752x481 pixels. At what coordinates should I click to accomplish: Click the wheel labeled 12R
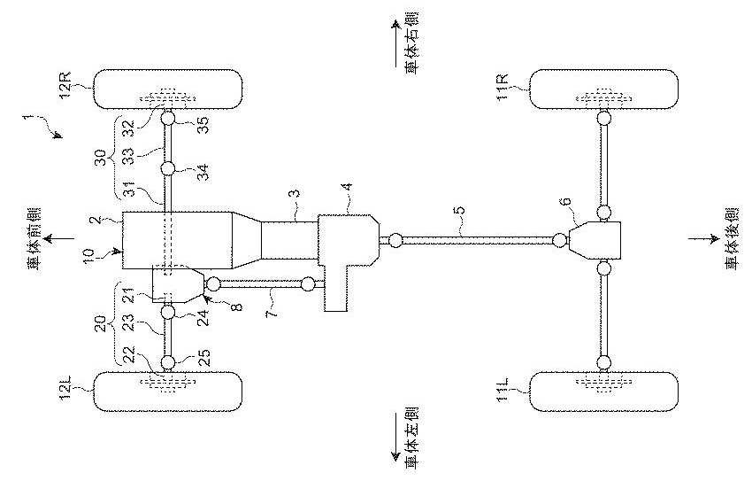pyautogui.click(x=168, y=89)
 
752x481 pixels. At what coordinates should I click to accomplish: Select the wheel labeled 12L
pyautogui.click(x=168, y=392)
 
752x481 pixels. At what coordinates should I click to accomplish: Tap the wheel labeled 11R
pyautogui.click(x=603, y=89)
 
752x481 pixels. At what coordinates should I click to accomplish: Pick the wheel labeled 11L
pyautogui.click(x=603, y=392)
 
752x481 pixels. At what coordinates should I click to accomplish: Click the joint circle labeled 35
pyautogui.click(x=168, y=117)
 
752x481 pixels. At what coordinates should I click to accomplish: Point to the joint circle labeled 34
pyautogui.click(x=168, y=169)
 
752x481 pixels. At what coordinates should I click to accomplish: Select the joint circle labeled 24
pyautogui.click(x=168, y=313)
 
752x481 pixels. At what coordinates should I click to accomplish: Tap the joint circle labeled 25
pyautogui.click(x=168, y=362)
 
